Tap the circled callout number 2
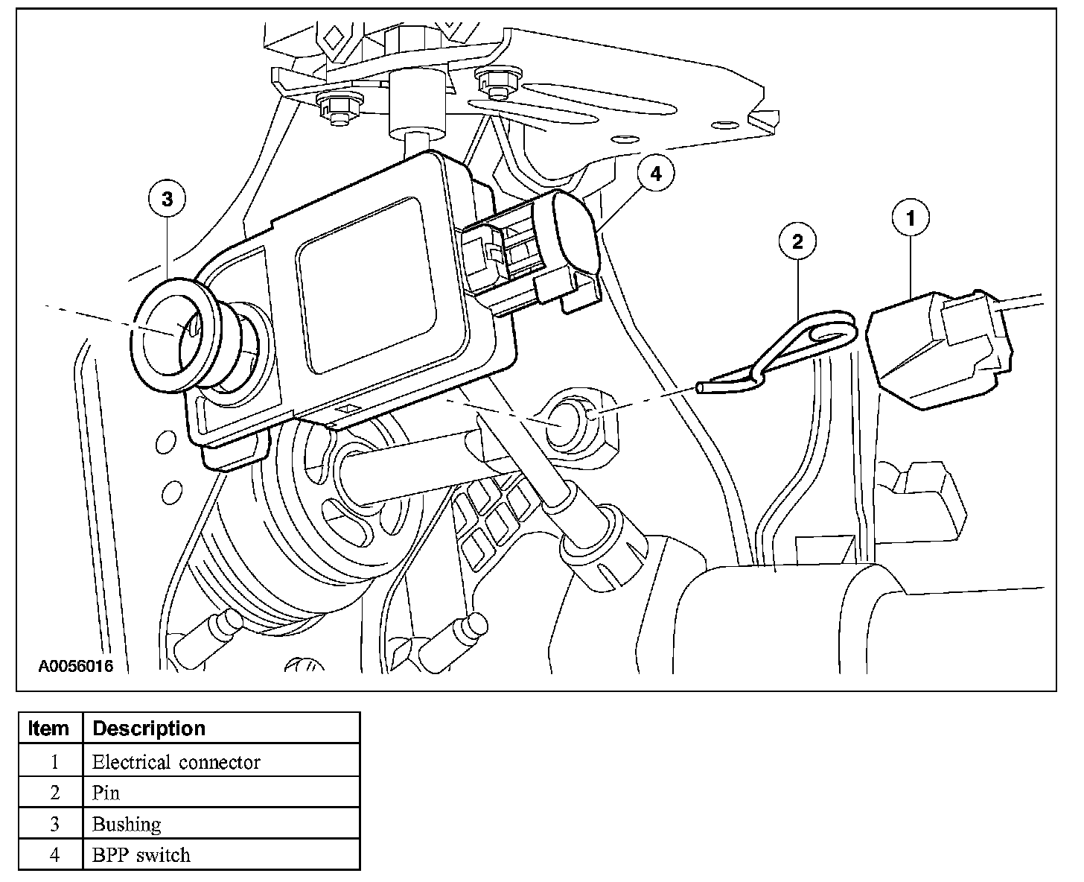click(797, 241)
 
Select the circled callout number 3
click(167, 199)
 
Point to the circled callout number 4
click(655, 174)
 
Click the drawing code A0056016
click(76, 666)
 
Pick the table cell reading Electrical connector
click(176, 762)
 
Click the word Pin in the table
click(105, 793)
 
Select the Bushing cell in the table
click(127, 824)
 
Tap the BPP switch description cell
click(141, 854)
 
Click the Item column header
click(48, 728)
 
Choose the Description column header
click(149, 728)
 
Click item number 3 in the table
click(54, 824)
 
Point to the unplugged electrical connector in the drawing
click(942, 346)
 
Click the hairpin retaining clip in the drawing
click(789, 350)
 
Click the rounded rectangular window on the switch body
click(365, 285)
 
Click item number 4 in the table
click(54, 854)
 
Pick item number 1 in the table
click(54, 762)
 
